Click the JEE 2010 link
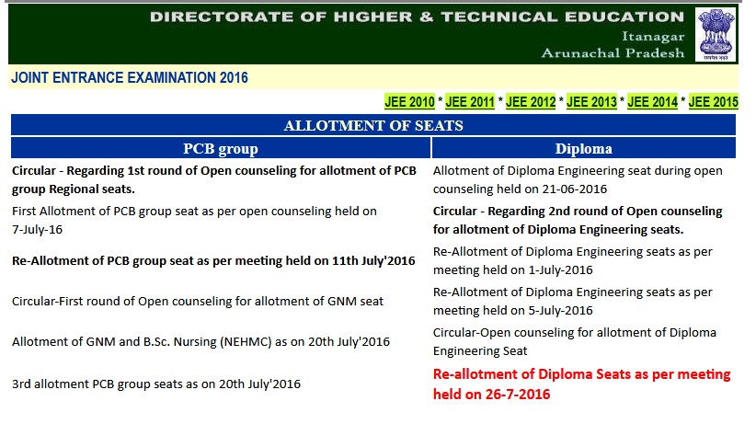[x=409, y=102]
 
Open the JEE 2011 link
[x=470, y=102]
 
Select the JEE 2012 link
[x=531, y=102]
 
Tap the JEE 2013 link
[x=591, y=102]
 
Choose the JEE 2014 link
[x=652, y=102]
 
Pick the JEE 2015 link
[x=713, y=102]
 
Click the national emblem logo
[x=716, y=34]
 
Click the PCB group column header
[x=221, y=149]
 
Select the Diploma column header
[x=583, y=149]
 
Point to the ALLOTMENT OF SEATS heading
[x=373, y=125]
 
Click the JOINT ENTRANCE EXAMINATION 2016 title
[x=130, y=77]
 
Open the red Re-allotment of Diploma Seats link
[x=581, y=384]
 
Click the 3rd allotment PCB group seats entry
[x=156, y=384]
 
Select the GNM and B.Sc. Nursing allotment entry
[x=200, y=341]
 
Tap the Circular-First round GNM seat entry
[x=198, y=301]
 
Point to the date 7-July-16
[x=37, y=230]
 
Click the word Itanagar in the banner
[x=653, y=37]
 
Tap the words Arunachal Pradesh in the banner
[x=613, y=52]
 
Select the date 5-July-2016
[x=560, y=311]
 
